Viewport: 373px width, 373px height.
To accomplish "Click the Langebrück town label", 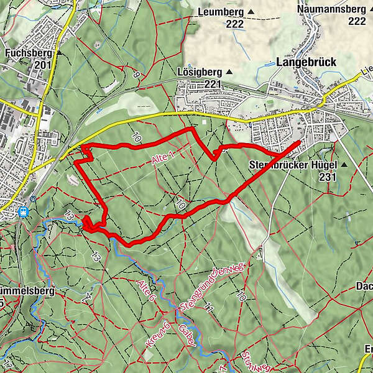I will [x=305, y=62].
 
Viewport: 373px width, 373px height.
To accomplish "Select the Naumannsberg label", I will [x=331, y=9].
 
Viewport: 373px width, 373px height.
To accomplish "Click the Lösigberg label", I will [x=199, y=71].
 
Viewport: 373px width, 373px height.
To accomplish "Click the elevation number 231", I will [x=328, y=177].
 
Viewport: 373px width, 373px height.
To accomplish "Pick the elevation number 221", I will [x=213, y=84].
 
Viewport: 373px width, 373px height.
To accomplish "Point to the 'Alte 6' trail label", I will [x=147, y=292].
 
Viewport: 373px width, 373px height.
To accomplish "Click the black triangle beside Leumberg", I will [x=251, y=12].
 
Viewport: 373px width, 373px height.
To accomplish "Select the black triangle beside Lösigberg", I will [x=229, y=71].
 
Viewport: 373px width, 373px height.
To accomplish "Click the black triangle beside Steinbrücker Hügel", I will [x=343, y=165].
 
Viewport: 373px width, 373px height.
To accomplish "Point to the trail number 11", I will [x=210, y=306].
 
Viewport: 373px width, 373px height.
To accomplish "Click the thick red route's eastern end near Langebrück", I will [x=299, y=143].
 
